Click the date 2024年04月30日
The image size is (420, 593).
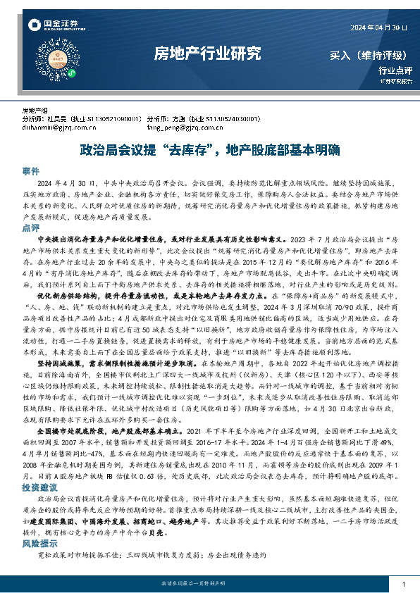click(378, 27)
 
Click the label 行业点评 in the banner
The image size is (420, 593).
click(395, 70)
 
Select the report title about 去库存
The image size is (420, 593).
click(209, 150)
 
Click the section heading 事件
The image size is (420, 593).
click(30, 171)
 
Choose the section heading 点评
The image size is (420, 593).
click(30, 228)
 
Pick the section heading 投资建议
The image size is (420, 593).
click(38, 487)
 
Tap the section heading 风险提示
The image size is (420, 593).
click(38, 544)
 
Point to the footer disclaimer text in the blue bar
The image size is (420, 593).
click(209, 584)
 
